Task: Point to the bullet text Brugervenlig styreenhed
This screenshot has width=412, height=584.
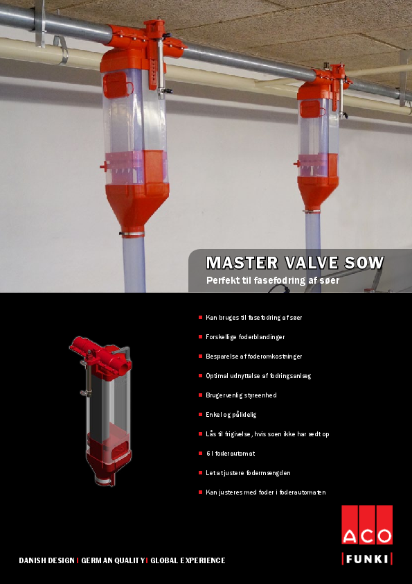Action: pos(241,395)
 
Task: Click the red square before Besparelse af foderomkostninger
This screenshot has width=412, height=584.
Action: pos(200,356)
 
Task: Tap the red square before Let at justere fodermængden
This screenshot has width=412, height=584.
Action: pos(200,472)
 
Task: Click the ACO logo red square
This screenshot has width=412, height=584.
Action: pos(367,526)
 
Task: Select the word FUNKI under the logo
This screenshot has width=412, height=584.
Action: pos(367,559)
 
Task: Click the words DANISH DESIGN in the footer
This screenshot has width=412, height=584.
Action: pos(46,560)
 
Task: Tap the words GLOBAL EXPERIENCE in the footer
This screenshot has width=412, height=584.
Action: pos(188,560)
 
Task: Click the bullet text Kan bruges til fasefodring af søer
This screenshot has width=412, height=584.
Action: pos(254,317)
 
